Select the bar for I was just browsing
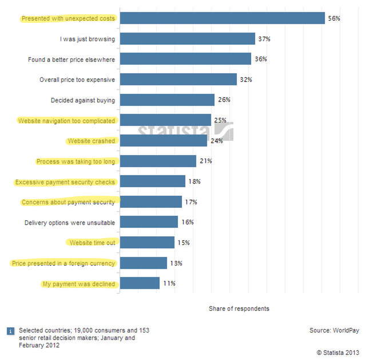pyautogui.click(x=187, y=39)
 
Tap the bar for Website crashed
pyautogui.click(x=163, y=141)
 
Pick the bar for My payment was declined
pyautogui.click(x=140, y=283)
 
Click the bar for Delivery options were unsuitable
pyautogui.click(x=149, y=222)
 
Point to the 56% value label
pyautogui.click(x=334, y=18)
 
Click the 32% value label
pyautogui.click(x=246, y=80)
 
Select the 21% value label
pyautogui.click(x=205, y=161)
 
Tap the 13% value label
pyautogui.click(x=176, y=263)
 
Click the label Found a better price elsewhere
pyautogui.click(x=72, y=60)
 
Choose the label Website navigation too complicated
pyautogui.click(x=66, y=121)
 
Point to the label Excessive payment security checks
pyautogui.click(x=65, y=182)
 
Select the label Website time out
pyautogui.click(x=92, y=243)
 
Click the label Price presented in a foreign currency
pyautogui.click(x=64, y=263)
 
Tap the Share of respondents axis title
pyautogui.click(x=239, y=308)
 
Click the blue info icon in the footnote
pyautogui.click(x=10, y=330)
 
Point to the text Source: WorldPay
pyautogui.click(x=336, y=330)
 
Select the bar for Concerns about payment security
pyautogui.click(x=151, y=202)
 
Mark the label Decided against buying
pyautogui.click(x=83, y=100)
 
